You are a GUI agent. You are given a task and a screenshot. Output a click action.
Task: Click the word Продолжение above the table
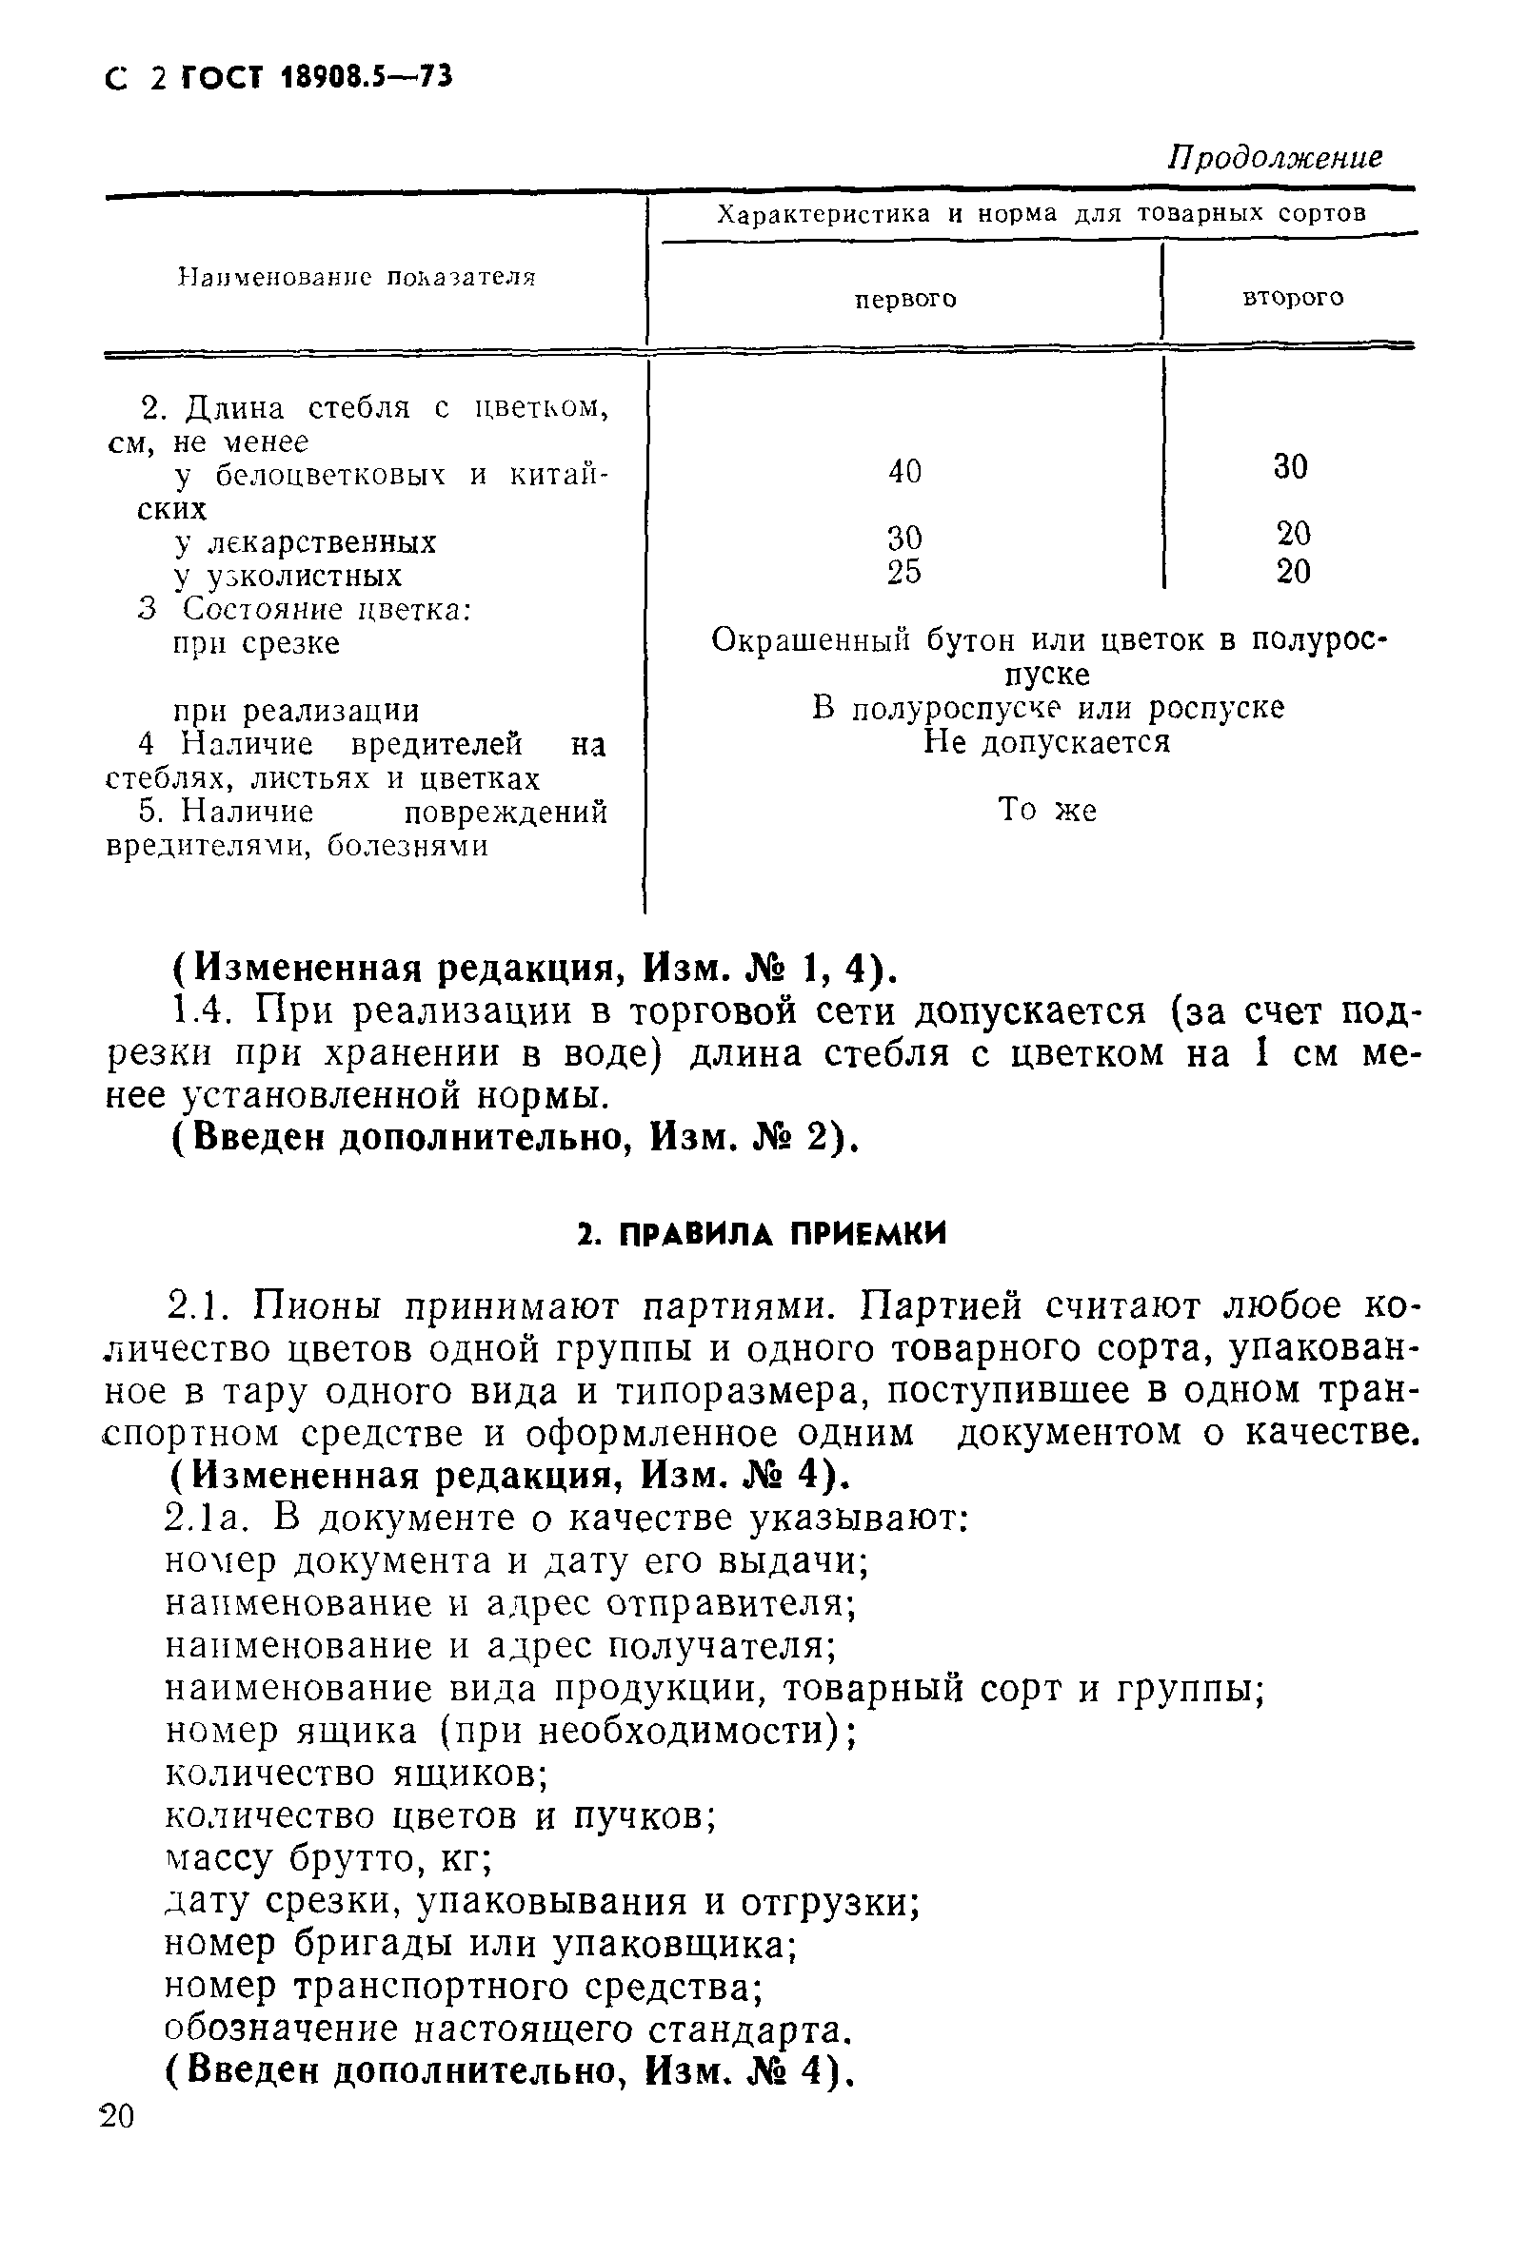1275,157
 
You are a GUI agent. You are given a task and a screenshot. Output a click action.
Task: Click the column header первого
904,300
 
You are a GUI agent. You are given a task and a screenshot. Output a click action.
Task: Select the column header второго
1293,297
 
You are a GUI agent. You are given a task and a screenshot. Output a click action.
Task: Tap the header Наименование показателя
357,278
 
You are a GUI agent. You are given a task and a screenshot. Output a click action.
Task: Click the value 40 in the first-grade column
904,472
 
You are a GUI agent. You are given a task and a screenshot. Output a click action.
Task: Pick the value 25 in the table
903,573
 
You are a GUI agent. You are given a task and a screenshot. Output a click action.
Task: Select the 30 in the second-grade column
1291,467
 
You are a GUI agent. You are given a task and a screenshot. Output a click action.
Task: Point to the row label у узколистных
288,576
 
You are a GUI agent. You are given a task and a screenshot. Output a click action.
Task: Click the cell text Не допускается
1046,742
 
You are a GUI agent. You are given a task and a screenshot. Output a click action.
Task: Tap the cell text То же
1046,810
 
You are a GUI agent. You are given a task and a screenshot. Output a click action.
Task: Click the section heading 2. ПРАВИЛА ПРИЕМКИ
762,1234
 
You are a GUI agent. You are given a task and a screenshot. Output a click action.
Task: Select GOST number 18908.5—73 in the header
365,78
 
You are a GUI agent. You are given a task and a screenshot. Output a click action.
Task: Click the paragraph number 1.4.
201,1011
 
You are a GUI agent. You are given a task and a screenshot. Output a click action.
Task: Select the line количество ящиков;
356,1774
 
